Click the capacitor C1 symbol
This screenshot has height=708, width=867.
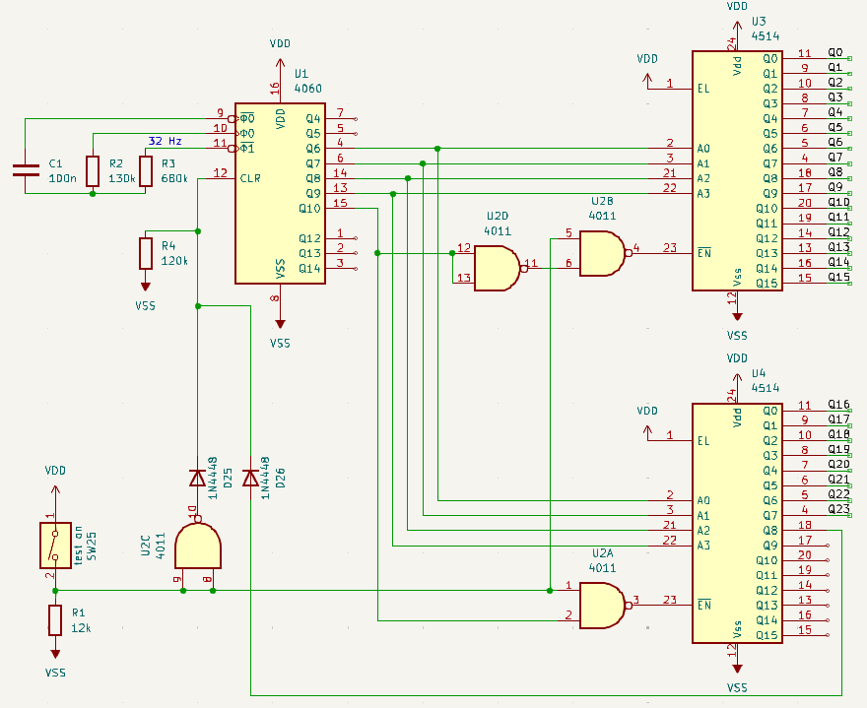point(25,169)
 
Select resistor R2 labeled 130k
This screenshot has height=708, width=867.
point(93,170)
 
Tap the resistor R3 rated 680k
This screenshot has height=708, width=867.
point(146,170)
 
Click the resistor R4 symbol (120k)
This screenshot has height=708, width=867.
point(146,254)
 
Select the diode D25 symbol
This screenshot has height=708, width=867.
point(197,479)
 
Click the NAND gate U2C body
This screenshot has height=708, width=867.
point(197,546)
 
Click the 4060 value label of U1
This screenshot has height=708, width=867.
point(308,89)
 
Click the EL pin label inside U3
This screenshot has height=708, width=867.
point(703,88)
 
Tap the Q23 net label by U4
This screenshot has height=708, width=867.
point(838,509)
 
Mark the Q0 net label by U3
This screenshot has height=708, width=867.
point(835,52)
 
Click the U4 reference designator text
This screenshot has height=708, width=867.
point(759,374)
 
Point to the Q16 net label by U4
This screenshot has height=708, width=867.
point(838,405)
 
